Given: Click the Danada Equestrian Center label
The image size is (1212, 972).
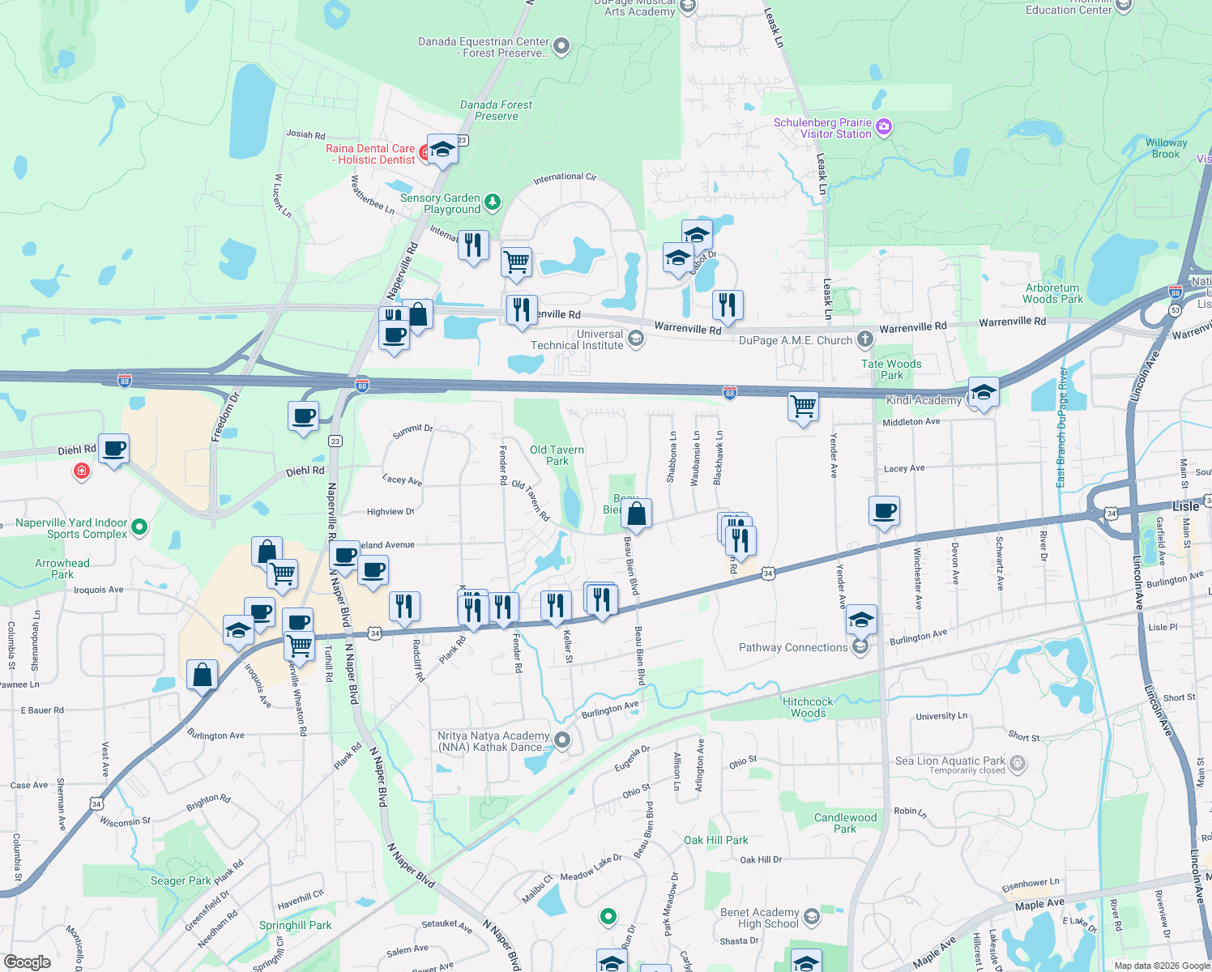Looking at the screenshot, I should pyautogui.click(x=484, y=47).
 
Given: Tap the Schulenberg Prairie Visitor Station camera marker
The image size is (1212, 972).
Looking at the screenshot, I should pyautogui.click(x=884, y=127).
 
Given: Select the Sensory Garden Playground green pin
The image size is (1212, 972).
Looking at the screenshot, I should pyautogui.click(x=493, y=202).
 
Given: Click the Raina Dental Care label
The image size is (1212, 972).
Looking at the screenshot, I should pyautogui.click(x=370, y=154).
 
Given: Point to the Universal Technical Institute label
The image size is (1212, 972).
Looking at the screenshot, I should pyautogui.click(x=577, y=339).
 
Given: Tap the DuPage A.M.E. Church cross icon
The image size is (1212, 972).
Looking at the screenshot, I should pyautogui.click(x=865, y=339).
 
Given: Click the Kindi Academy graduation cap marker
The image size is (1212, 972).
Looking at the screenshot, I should pyautogui.click(x=984, y=394).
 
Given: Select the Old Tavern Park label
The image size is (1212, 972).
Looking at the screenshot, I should pyautogui.click(x=557, y=455).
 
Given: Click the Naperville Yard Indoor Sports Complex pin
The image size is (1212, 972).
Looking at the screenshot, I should pyautogui.click(x=139, y=527).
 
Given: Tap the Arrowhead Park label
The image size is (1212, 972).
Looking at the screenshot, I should pyautogui.click(x=62, y=569).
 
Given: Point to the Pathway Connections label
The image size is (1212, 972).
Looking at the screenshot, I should pyautogui.click(x=793, y=647).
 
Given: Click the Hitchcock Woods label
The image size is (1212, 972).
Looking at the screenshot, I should pyautogui.click(x=808, y=707).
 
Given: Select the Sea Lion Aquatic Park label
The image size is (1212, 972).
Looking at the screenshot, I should pyautogui.click(x=950, y=761).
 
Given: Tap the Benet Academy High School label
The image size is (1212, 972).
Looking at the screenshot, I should pyautogui.click(x=759, y=918).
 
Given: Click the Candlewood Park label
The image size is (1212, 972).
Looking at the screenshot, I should pyautogui.click(x=845, y=823).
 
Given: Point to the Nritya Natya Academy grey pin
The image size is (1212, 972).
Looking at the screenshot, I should pyautogui.click(x=562, y=740).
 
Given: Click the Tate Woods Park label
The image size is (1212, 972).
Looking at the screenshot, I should pyautogui.click(x=891, y=369).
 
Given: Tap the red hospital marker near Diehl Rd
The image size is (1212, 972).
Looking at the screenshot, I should pyautogui.click(x=81, y=471).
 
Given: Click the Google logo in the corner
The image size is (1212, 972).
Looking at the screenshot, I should pyautogui.click(x=28, y=962).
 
